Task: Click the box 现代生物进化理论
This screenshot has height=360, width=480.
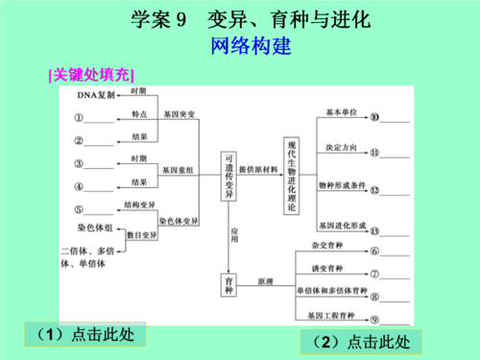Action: click(x=292, y=174)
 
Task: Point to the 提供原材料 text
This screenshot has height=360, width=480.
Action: click(x=258, y=169)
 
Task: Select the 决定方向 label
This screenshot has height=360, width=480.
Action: click(x=342, y=147)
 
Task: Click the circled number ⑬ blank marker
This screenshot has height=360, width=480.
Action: click(x=374, y=230)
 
